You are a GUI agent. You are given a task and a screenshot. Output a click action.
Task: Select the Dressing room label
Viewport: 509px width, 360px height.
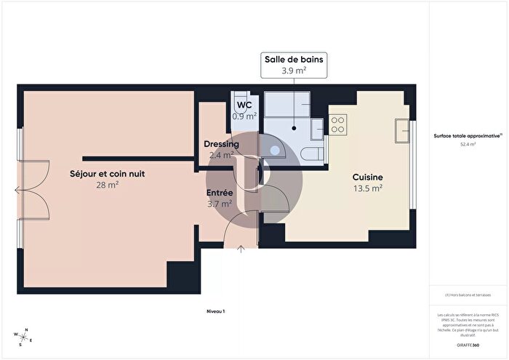(221, 144)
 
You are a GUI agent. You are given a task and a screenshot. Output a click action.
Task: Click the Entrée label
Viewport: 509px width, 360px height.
(220, 193)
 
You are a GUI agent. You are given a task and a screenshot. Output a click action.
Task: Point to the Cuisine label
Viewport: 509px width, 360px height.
(367, 177)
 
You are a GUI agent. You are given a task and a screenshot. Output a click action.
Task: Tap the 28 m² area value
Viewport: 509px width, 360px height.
(108, 185)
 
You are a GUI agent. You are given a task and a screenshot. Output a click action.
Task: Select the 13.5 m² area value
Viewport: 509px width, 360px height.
(367, 188)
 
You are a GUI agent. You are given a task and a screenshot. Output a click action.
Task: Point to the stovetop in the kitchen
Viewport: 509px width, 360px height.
(338, 124)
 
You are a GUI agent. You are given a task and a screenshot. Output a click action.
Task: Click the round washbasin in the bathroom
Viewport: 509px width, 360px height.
(276, 152)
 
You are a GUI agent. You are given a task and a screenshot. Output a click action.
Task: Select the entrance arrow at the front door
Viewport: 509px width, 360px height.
(241, 250)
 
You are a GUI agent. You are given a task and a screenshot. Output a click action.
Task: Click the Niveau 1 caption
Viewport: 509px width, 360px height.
(215, 311)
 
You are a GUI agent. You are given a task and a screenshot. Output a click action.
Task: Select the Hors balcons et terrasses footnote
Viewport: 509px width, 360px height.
(468, 295)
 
